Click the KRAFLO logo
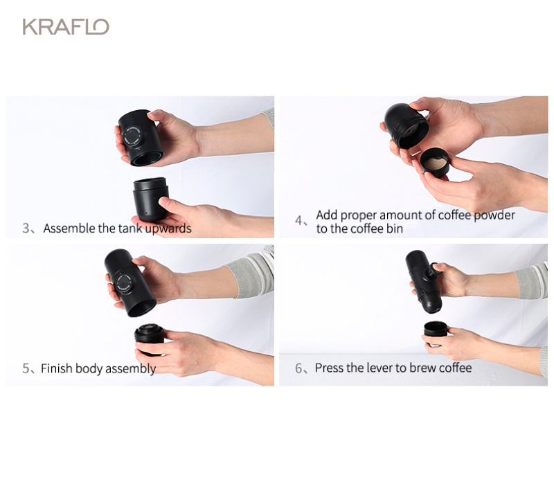66,27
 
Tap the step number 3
26,228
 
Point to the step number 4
299,221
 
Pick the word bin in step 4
395,228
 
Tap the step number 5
26,368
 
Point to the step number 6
299,368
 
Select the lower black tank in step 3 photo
150,199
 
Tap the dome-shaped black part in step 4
406,126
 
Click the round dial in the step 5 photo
125,283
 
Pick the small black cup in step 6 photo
436,329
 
